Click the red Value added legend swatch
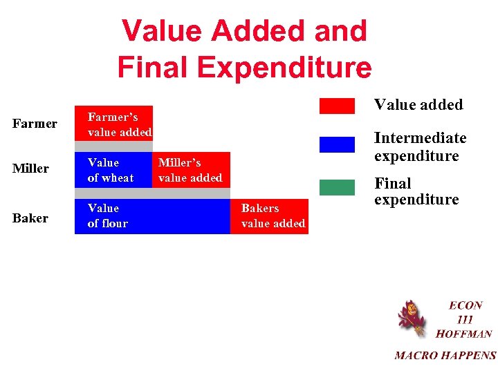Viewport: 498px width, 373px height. pyautogui.click(x=337, y=106)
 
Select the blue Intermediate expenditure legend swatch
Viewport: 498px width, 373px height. pyautogui.click(x=337, y=144)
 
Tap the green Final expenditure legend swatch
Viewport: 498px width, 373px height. pyautogui.click(x=337, y=186)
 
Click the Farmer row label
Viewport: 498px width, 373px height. pyautogui.click(x=35, y=124)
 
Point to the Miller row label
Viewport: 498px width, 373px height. pyautogui.click(x=31, y=169)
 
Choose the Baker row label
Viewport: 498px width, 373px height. pyautogui.click(x=30, y=218)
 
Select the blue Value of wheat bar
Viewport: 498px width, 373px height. pyautogui.click(x=113, y=170)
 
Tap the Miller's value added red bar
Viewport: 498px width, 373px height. pyautogui.click(x=191, y=170)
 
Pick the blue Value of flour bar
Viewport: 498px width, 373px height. pyautogui.click(x=152, y=216)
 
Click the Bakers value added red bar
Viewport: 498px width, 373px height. pyautogui.click(x=270, y=216)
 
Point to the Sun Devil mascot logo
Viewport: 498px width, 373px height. pyautogui.click(x=412, y=318)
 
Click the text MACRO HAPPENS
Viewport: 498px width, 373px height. pyautogui.click(x=445, y=356)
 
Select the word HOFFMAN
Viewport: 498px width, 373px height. pyautogui.click(x=463, y=334)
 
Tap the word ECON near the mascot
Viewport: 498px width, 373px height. pyautogui.click(x=465, y=305)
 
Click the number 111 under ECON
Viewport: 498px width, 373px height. pyautogui.click(x=465, y=319)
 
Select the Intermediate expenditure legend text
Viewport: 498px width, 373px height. pyautogui.click(x=420, y=147)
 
